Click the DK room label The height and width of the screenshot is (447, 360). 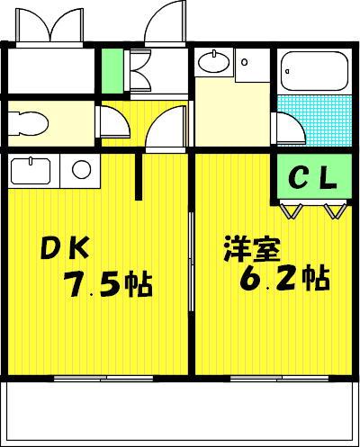pyautogui.click(x=65, y=247)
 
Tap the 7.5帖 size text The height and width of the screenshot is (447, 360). pyautogui.click(x=108, y=284)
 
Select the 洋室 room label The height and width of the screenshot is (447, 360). pyautogui.click(x=252, y=249)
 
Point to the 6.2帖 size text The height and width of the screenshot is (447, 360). pyautogui.click(x=284, y=278)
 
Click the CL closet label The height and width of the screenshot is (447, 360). pyautogui.click(x=312, y=178)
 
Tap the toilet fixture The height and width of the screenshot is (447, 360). pyautogui.click(x=28, y=123)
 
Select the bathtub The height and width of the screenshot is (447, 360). pyautogui.click(x=314, y=71)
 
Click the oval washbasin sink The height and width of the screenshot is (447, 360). pyautogui.click(x=214, y=62)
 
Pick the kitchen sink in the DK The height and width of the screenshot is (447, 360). pyautogui.click(x=31, y=171)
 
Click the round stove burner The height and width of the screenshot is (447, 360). pyautogui.click(x=81, y=169)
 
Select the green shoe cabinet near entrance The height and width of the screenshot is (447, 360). pyautogui.click(x=112, y=71)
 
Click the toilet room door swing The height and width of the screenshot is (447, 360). pyautogui.click(x=115, y=121)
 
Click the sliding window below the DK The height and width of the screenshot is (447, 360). pyautogui.click(x=103, y=378)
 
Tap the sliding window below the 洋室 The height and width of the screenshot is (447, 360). pyautogui.click(x=280, y=378)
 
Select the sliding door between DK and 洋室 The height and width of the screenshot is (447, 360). pyautogui.click(x=192, y=263)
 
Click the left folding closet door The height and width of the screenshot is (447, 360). pyautogui.click(x=291, y=211)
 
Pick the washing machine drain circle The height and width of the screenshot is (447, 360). pyautogui.click(x=245, y=63)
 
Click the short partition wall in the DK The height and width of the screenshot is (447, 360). pyautogui.click(x=139, y=176)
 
